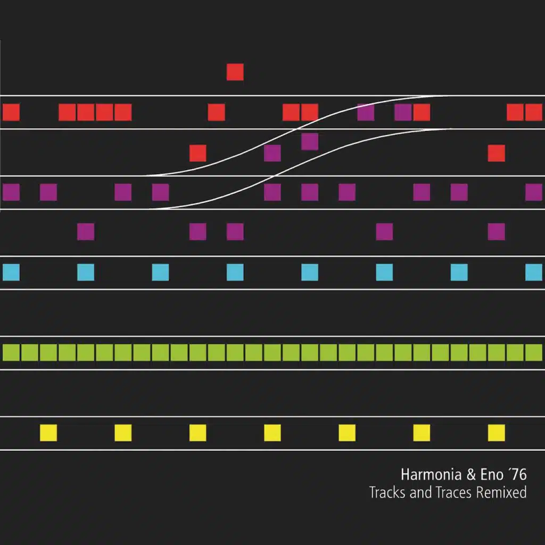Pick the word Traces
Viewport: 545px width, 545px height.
coord(453,492)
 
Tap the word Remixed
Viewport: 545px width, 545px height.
coord(501,492)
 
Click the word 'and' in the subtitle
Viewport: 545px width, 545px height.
coord(420,492)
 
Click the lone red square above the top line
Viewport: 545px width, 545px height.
coord(235,72)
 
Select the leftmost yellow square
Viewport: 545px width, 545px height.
coord(48,433)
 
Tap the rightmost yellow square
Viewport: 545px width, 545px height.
coord(496,433)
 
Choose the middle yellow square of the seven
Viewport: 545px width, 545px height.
coord(272,433)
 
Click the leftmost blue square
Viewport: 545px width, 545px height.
coord(11,272)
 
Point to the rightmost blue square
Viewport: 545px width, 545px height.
coord(533,272)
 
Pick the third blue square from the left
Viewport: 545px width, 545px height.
coord(160,272)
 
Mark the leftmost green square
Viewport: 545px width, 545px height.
coord(11,352)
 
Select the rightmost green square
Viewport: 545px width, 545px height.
coord(533,352)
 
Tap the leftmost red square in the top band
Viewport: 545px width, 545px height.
coord(11,112)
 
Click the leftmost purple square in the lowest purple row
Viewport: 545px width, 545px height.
coord(86,232)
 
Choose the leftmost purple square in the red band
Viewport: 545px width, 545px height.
coord(366,112)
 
